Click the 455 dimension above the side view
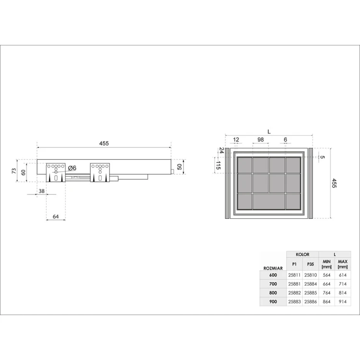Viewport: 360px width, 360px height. (104, 143)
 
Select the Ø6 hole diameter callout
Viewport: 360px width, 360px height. (72, 168)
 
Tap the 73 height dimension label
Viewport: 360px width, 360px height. (14, 170)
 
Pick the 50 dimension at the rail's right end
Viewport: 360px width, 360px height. (180, 167)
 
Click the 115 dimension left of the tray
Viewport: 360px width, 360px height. (218, 166)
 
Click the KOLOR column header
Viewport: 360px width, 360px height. (302, 254)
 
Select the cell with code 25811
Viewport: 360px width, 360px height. (294, 275)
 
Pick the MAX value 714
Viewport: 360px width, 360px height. (342, 284)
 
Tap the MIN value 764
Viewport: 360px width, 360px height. (327, 292)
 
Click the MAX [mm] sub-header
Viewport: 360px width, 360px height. (342, 264)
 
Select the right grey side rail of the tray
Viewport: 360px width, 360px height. (311, 183)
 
